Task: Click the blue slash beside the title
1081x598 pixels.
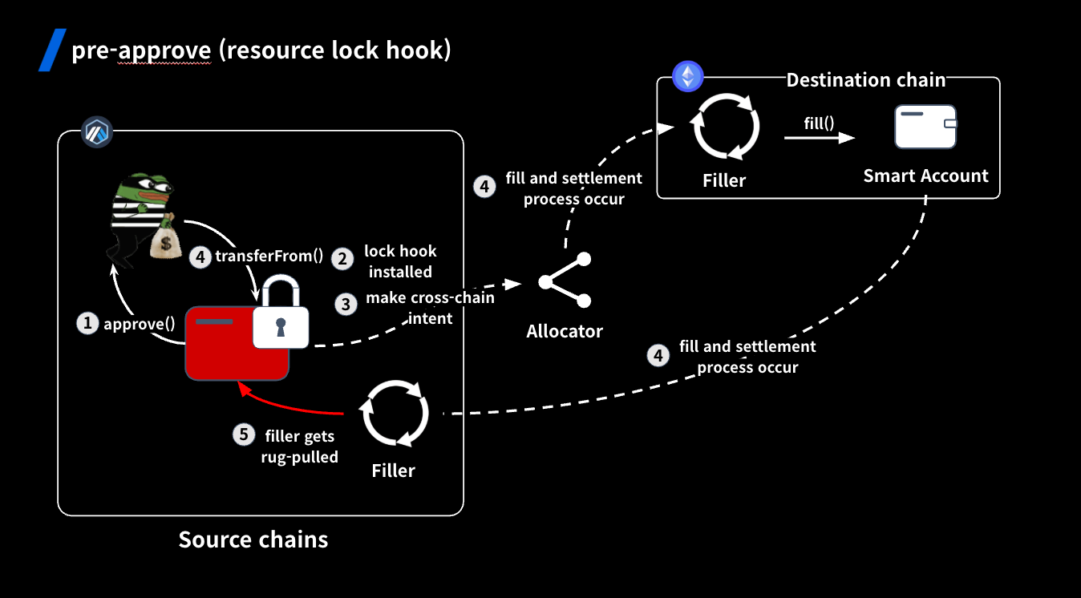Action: coord(52,50)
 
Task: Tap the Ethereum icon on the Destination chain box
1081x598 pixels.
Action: coord(687,77)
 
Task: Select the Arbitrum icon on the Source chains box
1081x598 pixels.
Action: coord(97,131)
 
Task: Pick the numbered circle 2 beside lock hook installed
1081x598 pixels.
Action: coord(343,258)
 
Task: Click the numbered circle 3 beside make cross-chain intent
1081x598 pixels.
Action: coord(346,305)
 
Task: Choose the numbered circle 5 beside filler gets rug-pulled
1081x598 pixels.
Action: coord(245,434)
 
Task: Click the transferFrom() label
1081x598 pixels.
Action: coord(269,257)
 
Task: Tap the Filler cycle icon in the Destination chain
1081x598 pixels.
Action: coord(725,127)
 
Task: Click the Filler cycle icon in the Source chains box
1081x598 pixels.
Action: coord(395,414)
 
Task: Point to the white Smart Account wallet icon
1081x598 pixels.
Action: coord(926,127)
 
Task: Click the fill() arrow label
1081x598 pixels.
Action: coord(820,123)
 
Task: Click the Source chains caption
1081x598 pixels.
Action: coord(253,539)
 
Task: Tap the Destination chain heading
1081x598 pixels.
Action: coord(865,80)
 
